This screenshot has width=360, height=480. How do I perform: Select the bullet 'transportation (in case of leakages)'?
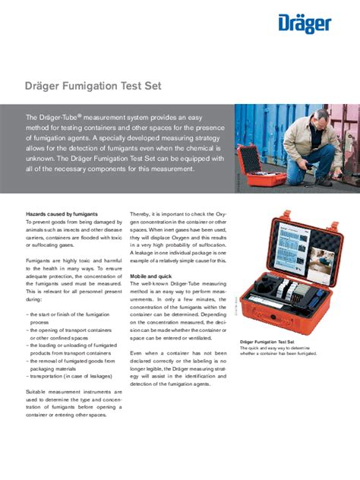pos(68,375)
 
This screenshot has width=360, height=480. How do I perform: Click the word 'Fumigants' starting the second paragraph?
pos(41,261)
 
